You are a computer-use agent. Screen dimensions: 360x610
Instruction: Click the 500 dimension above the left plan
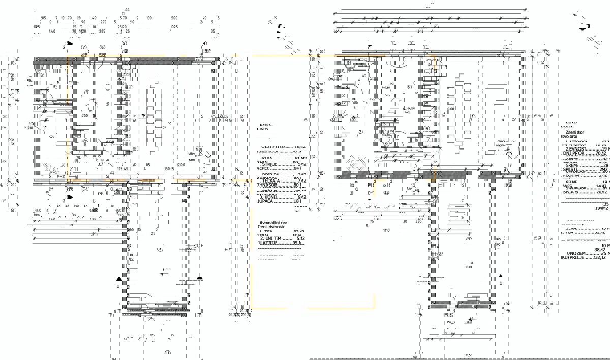click(x=174, y=17)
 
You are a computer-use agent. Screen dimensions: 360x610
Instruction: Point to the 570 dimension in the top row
click(x=123, y=17)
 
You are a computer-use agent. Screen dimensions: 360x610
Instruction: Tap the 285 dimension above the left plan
click(x=102, y=31)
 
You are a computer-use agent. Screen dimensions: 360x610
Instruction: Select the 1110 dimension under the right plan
click(x=386, y=230)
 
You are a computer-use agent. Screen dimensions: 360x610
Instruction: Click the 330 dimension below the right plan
click(x=418, y=221)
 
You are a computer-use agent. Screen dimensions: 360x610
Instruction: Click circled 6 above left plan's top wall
click(x=102, y=47)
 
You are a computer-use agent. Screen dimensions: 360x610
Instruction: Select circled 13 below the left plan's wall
click(x=70, y=189)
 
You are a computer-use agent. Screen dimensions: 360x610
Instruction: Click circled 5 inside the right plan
click(x=427, y=129)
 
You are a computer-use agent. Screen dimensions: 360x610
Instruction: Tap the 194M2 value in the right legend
click(x=600, y=208)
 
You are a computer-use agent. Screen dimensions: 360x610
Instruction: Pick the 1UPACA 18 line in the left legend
click(x=279, y=201)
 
